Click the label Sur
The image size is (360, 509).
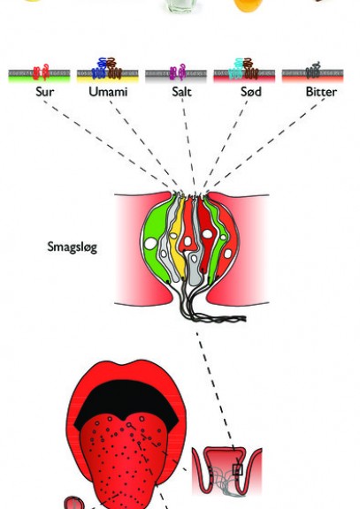click(x=45, y=92)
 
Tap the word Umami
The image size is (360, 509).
click(x=108, y=92)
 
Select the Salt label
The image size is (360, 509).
click(x=181, y=92)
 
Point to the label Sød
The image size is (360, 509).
click(x=251, y=92)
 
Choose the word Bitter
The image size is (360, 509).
click(x=321, y=92)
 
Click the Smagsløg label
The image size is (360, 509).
click(x=73, y=247)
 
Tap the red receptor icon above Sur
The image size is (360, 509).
click(x=42, y=72)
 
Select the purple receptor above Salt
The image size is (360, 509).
click(x=178, y=72)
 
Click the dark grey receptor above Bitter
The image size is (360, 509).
click(x=313, y=71)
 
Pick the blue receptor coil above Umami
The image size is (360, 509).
click(x=100, y=69)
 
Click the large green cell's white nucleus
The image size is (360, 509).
click(x=150, y=244)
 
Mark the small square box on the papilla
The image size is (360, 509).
click(x=238, y=470)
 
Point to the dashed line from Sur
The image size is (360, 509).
click(x=106, y=144)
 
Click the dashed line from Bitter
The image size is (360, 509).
click(x=264, y=143)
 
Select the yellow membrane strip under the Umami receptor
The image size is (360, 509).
click(x=108, y=79)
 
